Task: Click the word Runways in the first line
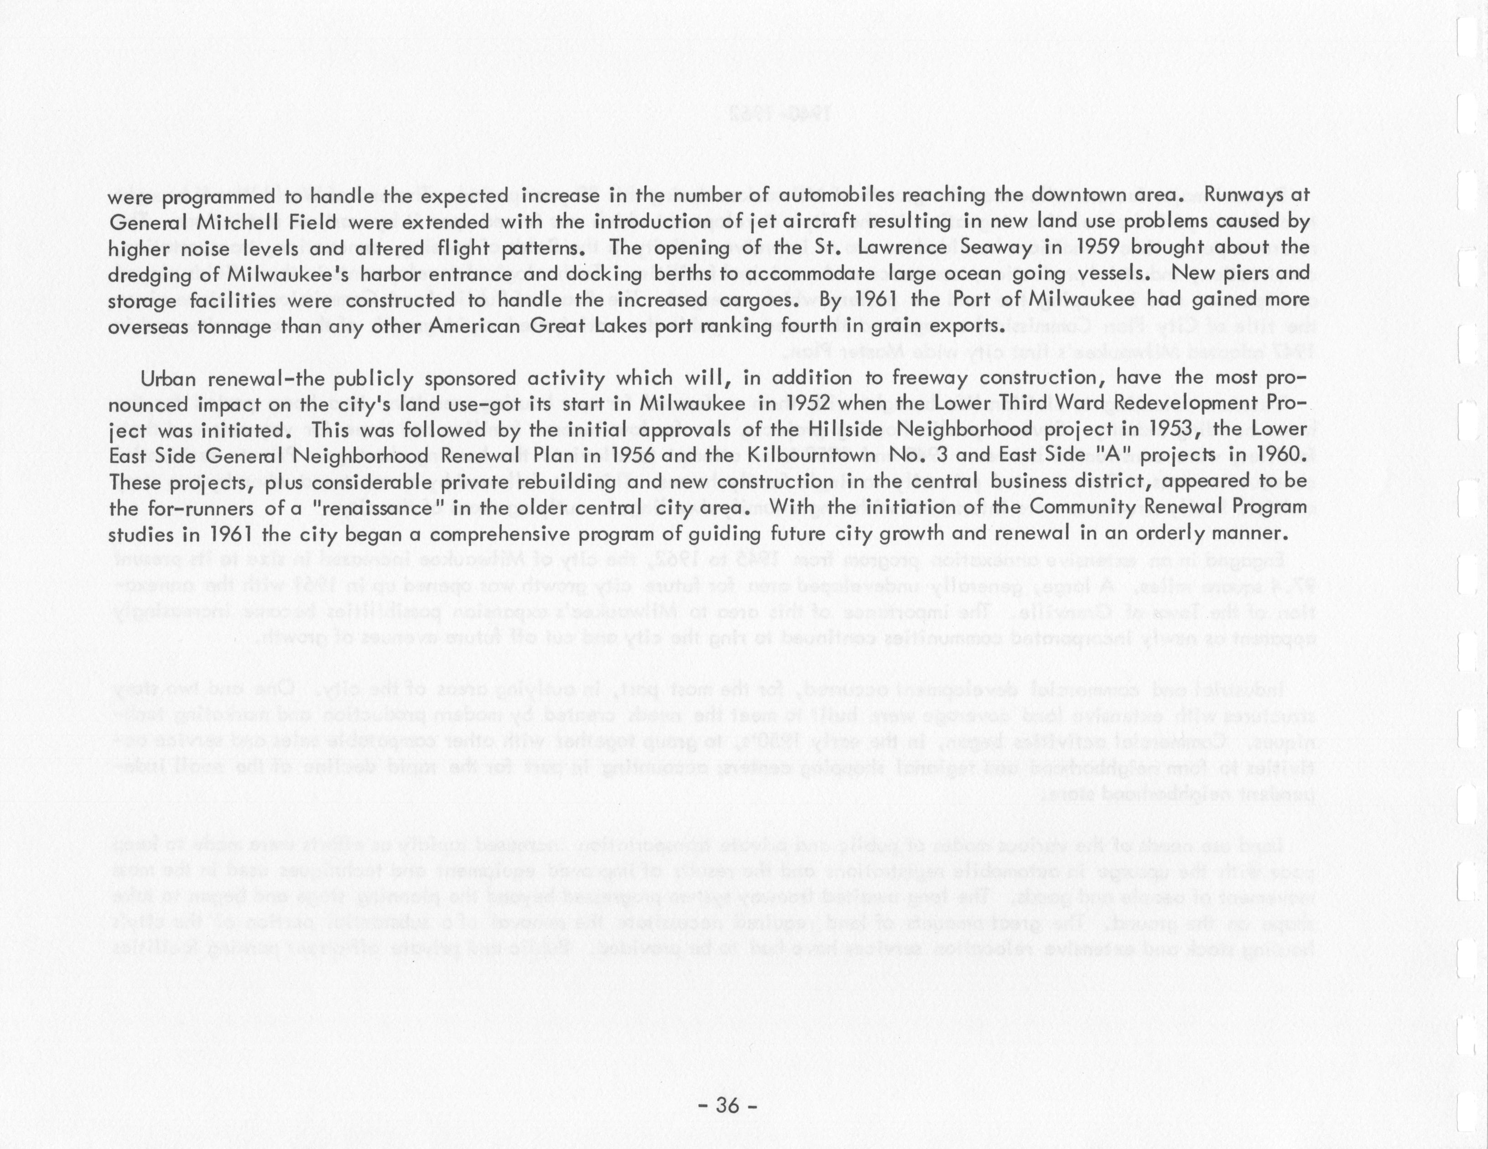1245,196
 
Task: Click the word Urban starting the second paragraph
167,378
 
